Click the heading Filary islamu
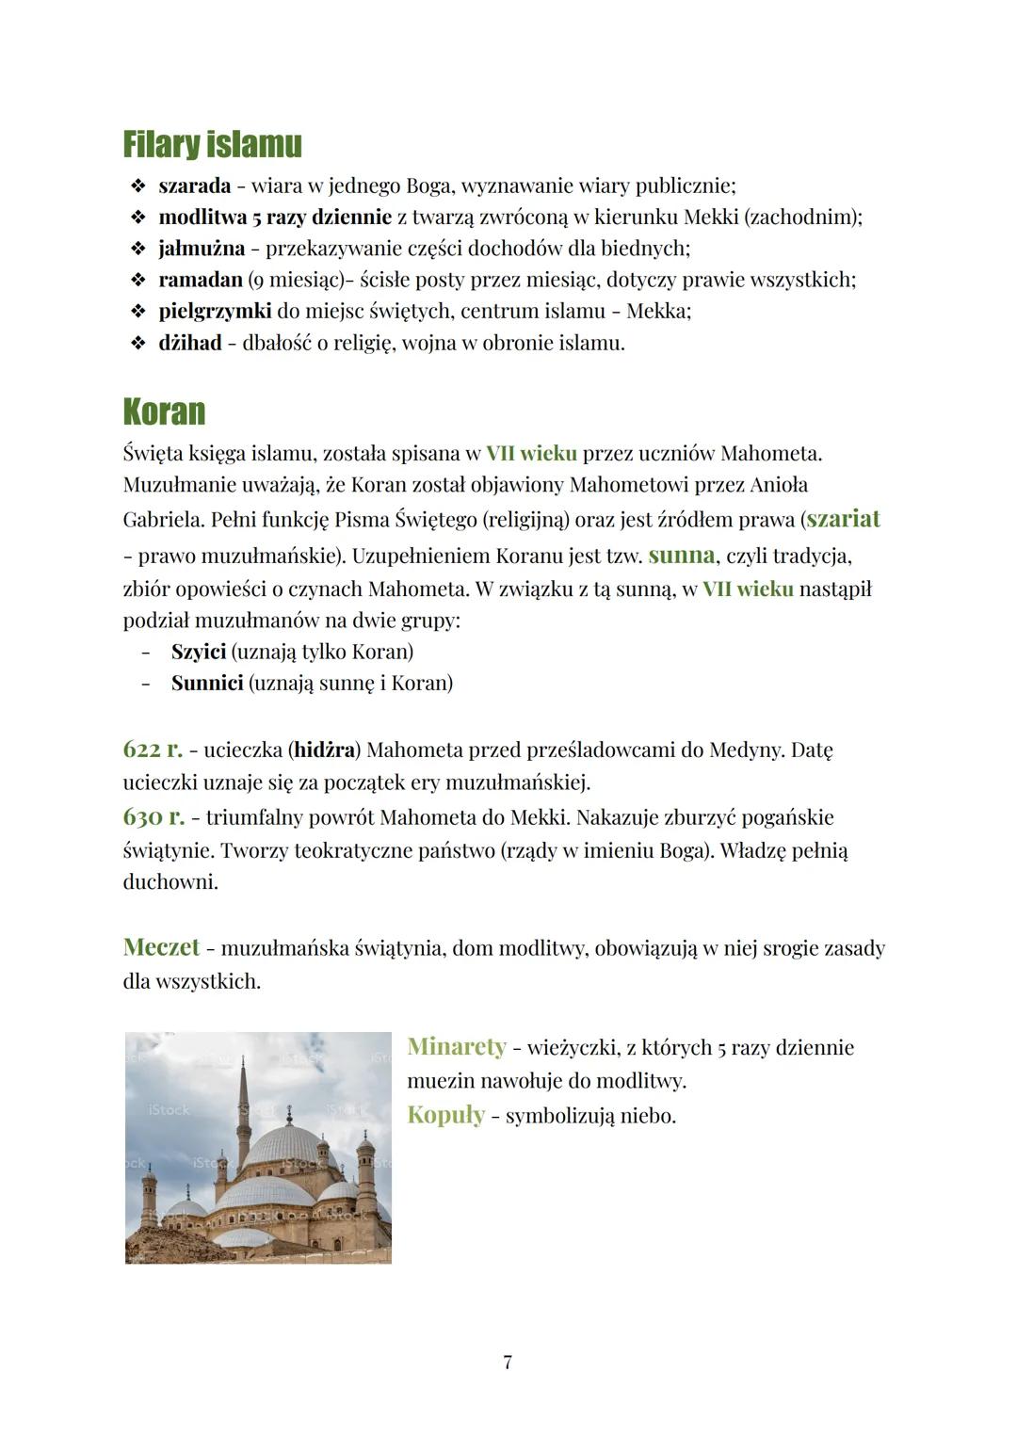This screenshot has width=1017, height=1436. point(212,145)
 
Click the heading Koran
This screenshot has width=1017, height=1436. point(164,412)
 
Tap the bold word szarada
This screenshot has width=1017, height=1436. point(194,186)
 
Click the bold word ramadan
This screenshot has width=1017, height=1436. point(200,280)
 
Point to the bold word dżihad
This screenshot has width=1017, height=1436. point(189,343)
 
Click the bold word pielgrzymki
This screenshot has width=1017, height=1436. point(215,311)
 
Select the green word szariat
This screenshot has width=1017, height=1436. point(843,519)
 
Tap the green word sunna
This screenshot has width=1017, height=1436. point(681,555)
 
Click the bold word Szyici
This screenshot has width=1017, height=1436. point(198,652)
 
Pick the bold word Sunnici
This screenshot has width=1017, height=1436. point(207,683)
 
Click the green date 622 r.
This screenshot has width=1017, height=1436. point(153,750)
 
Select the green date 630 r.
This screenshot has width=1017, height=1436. point(153,816)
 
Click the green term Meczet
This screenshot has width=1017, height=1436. point(161,947)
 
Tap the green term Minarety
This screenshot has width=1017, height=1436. point(457,1047)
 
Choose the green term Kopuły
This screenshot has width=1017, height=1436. point(445,1116)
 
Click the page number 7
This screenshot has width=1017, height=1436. point(508,1362)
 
